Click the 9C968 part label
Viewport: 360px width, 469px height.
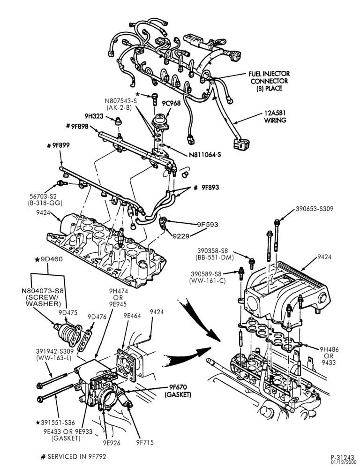(x=172, y=103)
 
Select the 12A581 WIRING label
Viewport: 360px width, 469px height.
(x=275, y=117)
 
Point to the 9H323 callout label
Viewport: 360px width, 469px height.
(x=94, y=116)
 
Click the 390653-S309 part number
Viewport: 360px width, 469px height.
(x=315, y=209)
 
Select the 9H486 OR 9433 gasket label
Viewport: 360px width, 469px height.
(x=329, y=356)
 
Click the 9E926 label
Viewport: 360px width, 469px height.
(x=112, y=443)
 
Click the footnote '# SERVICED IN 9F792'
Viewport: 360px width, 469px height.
(x=74, y=456)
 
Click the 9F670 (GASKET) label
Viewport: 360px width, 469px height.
(x=178, y=391)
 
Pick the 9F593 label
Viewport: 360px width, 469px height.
(x=207, y=224)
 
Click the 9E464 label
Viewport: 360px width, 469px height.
(x=132, y=316)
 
